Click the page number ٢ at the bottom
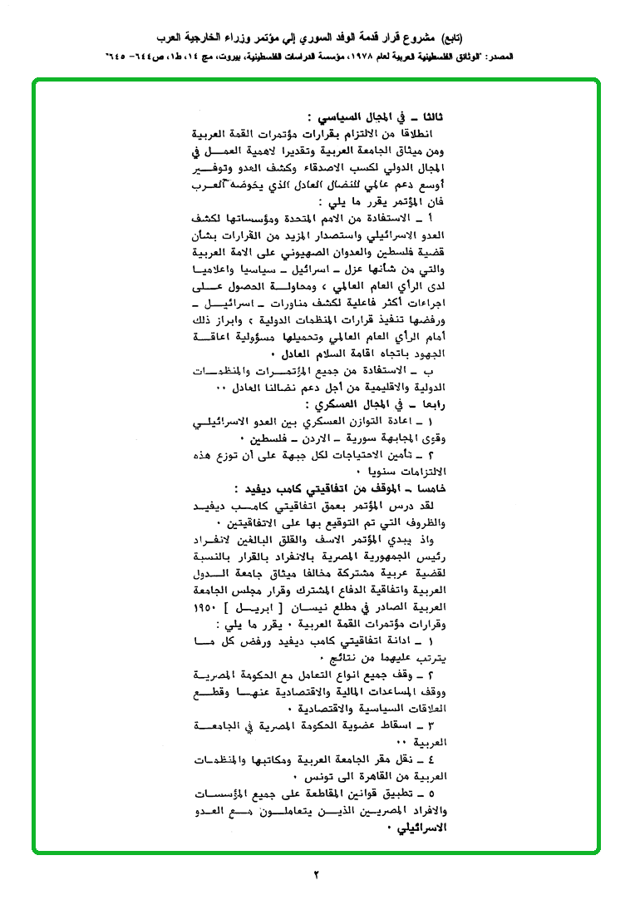point(317,874)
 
